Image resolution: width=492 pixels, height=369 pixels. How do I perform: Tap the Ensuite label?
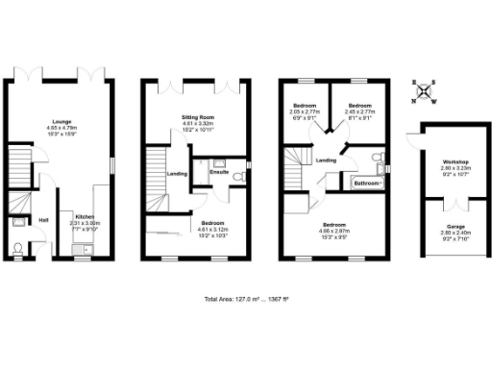[219, 172]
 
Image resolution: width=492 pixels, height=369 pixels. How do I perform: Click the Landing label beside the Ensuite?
[177, 174]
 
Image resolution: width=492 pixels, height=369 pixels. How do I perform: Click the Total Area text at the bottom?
[246, 299]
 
